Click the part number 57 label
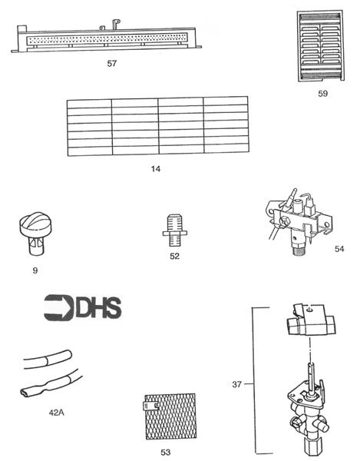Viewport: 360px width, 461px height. point(112,63)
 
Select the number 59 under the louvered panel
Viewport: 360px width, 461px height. point(322,93)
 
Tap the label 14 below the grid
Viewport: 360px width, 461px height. point(156,169)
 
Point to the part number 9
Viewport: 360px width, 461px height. point(35,270)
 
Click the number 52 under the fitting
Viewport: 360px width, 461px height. point(174,256)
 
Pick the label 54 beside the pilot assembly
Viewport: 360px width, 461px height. point(339,249)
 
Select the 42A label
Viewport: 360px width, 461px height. point(56,413)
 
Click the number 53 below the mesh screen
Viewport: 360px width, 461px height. point(166,452)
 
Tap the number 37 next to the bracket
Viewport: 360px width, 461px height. point(236,384)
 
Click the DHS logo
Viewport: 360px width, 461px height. point(82,307)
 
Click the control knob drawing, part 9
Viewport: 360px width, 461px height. point(34,234)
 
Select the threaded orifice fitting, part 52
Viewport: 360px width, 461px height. point(175,230)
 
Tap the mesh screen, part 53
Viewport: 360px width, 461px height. point(170,416)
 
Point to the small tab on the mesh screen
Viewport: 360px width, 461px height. point(150,406)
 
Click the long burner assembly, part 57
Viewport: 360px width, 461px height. point(106,38)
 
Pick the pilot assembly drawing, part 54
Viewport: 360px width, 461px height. point(299,222)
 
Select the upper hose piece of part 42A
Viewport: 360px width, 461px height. point(48,358)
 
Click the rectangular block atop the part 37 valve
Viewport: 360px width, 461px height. point(311,320)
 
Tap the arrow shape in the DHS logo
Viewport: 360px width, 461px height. point(59,307)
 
